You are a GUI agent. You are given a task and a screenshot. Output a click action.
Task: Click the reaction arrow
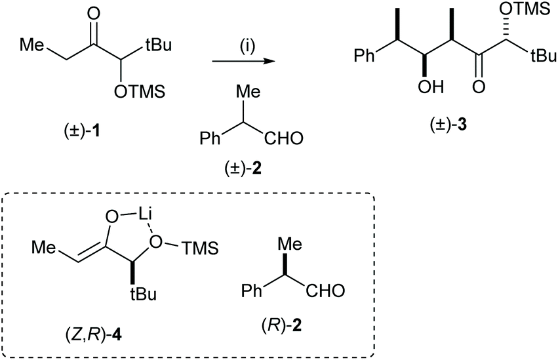tap(244, 62)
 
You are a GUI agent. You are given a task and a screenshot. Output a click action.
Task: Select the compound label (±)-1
tap(80, 132)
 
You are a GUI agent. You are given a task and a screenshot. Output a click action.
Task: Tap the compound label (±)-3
tap(448, 125)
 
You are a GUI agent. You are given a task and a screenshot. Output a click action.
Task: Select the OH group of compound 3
tap(431, 86)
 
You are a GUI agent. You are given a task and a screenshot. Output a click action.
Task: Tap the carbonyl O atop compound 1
tap(93, 14)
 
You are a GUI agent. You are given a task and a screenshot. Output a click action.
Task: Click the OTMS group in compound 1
tap(139, 92)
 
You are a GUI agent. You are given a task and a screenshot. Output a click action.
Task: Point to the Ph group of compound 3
tap(365, 56)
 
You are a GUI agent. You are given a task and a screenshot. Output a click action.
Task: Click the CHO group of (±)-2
tap(284, 138)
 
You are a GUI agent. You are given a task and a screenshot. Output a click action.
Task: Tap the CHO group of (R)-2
tap(325, 290)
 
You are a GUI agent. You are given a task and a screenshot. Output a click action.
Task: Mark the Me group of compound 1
tap(32, 45)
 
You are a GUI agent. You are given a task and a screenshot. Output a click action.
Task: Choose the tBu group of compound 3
tap(543, 56)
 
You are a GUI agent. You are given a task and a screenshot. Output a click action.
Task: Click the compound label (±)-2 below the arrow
tap(243, 167)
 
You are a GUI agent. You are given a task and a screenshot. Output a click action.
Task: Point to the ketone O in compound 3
tap(478, 86)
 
